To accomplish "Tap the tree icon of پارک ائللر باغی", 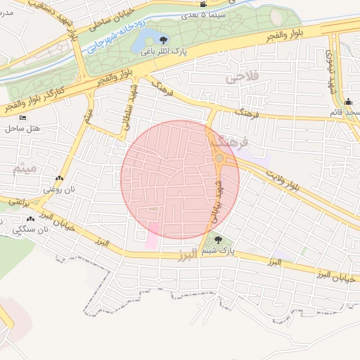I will pyautogui.click(x=164, y=40).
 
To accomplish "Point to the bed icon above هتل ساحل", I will pyautogui.click(x=22, y=117).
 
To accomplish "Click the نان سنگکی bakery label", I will pyautogui.click(x=32, y=229).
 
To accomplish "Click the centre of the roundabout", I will pyautogui.click(x=219, y=159).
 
